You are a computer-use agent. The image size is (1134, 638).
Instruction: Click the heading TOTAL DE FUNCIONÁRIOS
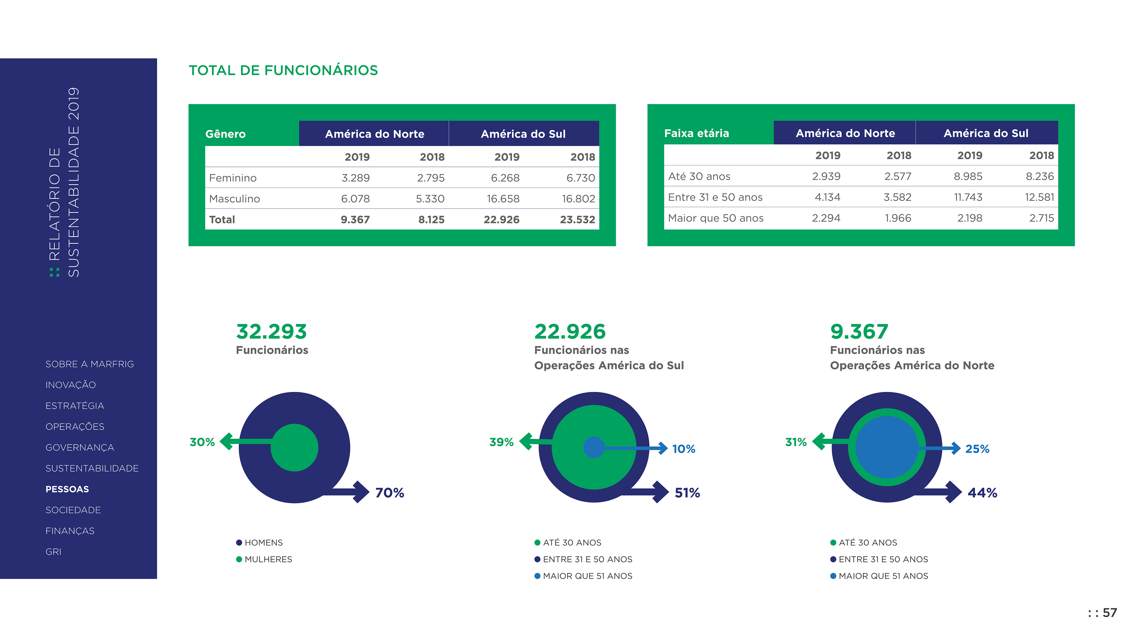(283, 71)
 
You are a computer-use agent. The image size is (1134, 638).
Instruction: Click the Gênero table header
(225, 134)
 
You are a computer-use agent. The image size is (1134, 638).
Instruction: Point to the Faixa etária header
(696, 134)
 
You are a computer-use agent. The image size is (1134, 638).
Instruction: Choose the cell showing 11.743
(968, 197)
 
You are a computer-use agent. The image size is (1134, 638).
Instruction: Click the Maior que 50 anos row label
(715, 218)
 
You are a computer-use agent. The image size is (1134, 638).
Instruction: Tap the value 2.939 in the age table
(826, 177)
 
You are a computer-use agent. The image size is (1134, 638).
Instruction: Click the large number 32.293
(271, 331)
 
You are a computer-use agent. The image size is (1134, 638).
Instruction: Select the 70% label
(390, 493)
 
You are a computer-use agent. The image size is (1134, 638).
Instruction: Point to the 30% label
(202, 442)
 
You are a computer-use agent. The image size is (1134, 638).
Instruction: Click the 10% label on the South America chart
(683, 449)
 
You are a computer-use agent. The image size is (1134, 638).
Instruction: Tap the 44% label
(982, 493)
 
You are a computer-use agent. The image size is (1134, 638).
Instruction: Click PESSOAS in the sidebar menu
(67, 489)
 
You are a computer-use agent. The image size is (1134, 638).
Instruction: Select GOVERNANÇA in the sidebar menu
(80, 448)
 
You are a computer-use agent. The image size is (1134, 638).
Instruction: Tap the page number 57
(1109, 613)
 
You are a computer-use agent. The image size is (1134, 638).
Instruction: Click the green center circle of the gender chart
(294, 448)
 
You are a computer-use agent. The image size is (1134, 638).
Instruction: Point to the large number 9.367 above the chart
(859, 331)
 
